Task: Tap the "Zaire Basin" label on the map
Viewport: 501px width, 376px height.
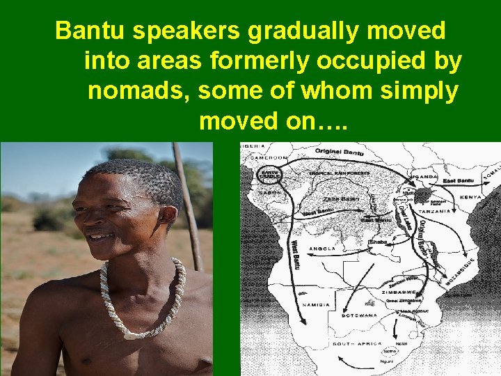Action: click(341, 198)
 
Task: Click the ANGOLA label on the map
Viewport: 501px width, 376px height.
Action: click(323, 249)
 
